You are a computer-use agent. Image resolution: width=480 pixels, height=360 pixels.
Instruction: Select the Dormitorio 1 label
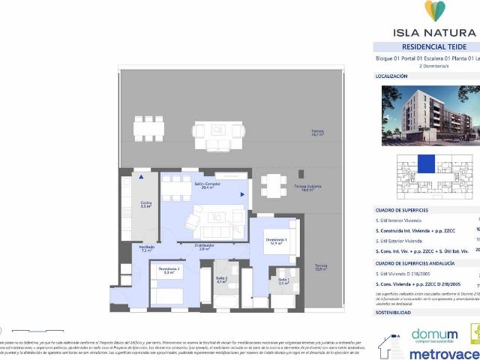(276, 241)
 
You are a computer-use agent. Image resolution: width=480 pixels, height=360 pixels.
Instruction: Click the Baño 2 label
(221, 280)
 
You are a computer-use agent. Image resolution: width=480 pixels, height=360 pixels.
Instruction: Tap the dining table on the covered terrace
(274, 184)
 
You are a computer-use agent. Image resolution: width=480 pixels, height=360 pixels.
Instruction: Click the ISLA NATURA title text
(434, 32)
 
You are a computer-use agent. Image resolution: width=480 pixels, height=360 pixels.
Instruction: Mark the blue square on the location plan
(426, 162)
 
